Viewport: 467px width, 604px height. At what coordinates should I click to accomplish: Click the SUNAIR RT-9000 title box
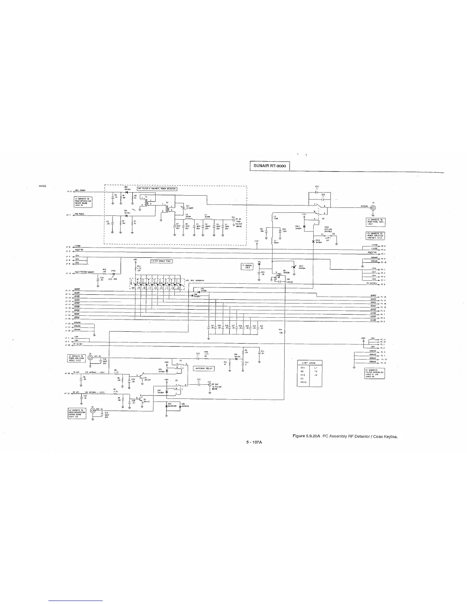tap(270, 166)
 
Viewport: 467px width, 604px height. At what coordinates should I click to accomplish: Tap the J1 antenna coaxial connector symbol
tap(373, 208)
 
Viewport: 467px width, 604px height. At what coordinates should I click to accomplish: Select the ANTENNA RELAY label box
tap(205, 369)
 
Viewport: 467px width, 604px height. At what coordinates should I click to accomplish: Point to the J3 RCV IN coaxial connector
tap(92, 411)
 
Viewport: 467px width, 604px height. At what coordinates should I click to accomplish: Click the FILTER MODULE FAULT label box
tap(162, 261)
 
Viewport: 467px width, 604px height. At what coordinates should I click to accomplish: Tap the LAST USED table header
tap(309, 363)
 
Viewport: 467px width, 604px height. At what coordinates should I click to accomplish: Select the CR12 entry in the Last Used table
tap(303, 382)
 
